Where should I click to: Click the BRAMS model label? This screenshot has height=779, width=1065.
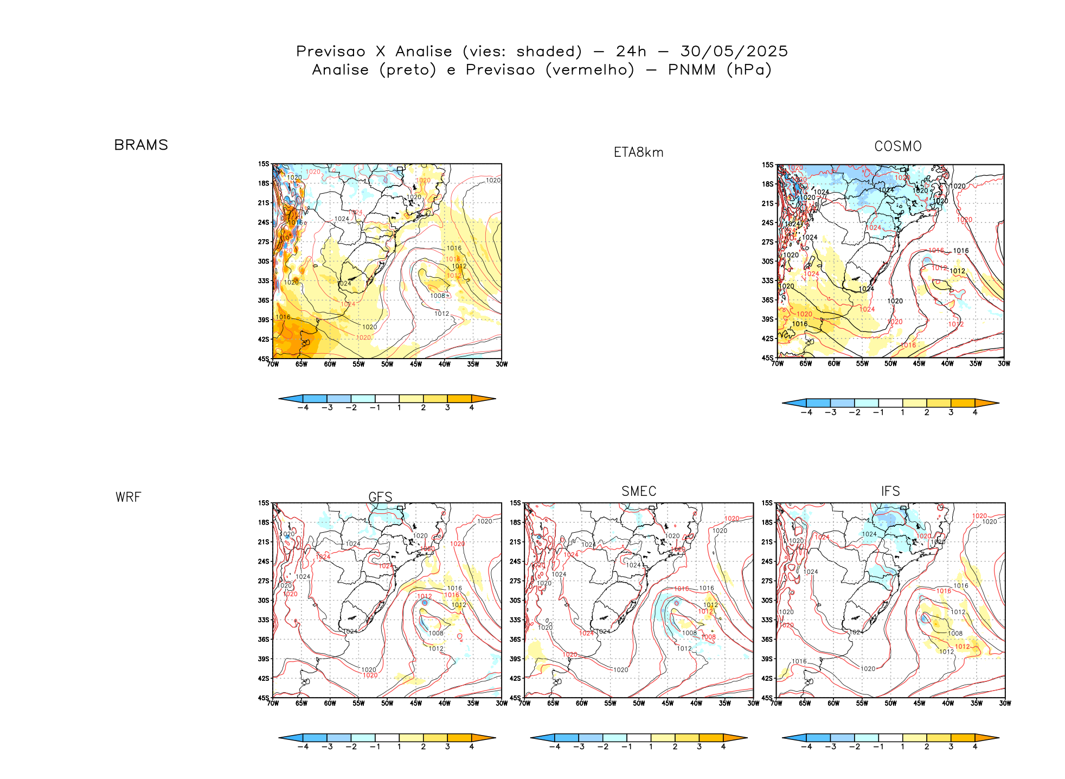[x=141, y=145]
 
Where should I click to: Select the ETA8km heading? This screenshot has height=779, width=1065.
[x=638, y=152]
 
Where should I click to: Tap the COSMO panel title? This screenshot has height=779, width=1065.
[x=897, y=146]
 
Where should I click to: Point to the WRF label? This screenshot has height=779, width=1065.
[x=128, y=497]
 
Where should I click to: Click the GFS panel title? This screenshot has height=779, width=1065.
[x=380, y=497]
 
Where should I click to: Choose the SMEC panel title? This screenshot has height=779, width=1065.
[x=639, y=491]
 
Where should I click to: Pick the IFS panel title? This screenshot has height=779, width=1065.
[x=890, y=491]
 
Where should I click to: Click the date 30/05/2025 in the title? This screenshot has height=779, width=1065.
[x=734, y=52]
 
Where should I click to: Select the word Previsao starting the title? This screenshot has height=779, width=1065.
[x=331, y=52]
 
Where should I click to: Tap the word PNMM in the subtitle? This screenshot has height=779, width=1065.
[x=691, y=70]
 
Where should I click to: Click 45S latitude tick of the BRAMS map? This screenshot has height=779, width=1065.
[x=264, y=359]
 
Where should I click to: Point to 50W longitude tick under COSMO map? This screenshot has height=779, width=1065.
[x=890, y=363]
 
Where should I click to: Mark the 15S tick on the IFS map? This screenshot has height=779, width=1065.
[x=767, y=503]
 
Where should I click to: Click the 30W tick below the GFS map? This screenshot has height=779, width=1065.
[x=502, y=704]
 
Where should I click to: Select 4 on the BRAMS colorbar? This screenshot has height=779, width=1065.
[x=471, y=407]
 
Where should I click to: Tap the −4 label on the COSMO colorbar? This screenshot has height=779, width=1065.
[x=806, y=412]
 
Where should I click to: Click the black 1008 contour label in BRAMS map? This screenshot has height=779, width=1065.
[x=438, y=296]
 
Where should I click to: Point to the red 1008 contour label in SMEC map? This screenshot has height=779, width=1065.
[x=709, y=637]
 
